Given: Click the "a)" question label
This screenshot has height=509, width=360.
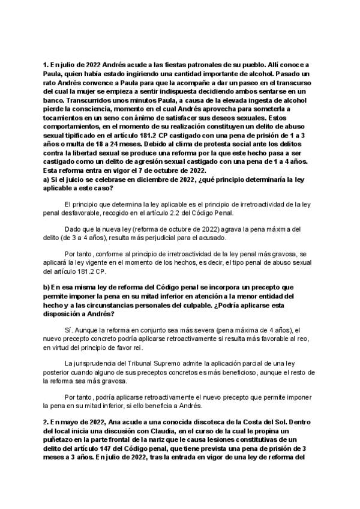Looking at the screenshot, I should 46,179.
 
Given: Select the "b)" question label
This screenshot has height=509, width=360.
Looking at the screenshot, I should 46,288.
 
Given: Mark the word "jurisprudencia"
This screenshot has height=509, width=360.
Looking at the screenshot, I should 95,363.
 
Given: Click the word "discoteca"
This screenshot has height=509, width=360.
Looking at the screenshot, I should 175,422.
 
